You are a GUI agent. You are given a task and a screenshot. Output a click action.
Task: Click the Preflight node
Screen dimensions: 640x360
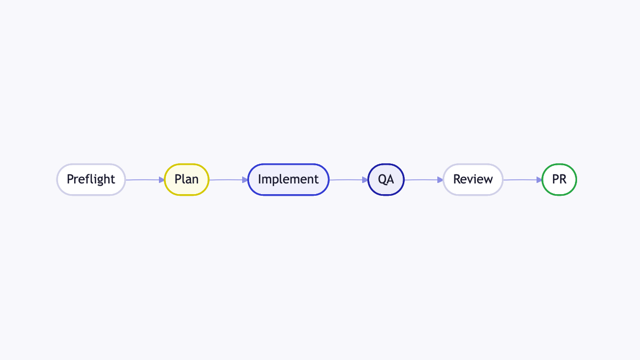[91, 180]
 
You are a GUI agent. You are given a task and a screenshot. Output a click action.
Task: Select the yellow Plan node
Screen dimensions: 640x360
[187, 180]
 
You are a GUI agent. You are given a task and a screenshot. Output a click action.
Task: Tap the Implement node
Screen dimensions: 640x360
[289, 180]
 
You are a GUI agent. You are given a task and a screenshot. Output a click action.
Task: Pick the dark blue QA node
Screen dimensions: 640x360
[386, 180]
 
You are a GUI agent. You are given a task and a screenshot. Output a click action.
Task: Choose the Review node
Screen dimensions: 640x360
[473, 180]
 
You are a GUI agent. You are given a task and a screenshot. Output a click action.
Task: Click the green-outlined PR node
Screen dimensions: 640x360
[559, 180]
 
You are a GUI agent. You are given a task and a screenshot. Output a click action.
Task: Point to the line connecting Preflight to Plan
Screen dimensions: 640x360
[145, 180]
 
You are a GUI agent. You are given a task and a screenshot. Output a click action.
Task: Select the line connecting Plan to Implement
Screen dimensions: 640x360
[228, 180]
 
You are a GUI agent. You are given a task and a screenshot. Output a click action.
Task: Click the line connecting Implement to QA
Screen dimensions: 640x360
[349, 180]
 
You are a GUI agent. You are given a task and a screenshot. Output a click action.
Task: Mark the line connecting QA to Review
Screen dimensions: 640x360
[423, 180]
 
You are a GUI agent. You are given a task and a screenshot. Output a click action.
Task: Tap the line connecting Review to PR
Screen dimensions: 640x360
[522, 180]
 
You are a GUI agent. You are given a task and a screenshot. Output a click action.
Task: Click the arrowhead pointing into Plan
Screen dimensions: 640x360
[162, 180]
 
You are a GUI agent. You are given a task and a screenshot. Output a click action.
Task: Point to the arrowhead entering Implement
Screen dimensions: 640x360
[245, 180]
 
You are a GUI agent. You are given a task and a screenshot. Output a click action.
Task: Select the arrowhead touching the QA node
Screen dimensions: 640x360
[365, 180]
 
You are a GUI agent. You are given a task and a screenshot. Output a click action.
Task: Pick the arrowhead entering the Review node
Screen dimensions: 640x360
[440, 180]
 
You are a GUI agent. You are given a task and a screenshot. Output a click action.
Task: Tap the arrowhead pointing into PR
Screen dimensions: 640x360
[539, 180]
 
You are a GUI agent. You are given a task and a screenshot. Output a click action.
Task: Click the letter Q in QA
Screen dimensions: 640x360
[382, 180]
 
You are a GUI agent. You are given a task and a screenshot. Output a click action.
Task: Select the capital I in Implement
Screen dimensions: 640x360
[259, 179]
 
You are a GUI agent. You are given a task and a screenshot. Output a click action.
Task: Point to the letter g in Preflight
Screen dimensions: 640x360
[100, 181]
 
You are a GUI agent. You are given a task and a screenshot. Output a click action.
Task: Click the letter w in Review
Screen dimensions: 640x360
[488, 180]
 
